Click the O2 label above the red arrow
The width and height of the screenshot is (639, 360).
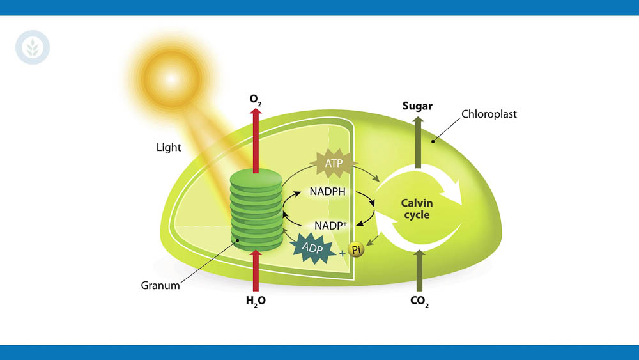tap(256, 100)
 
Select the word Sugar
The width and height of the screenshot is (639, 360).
tap(417, 106)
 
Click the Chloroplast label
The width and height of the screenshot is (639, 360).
tap(489, 114)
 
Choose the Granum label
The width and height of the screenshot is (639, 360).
tap(160, 285)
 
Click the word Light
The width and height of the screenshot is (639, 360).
tap(169, 147)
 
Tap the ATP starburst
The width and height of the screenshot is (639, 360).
tap(334, 164)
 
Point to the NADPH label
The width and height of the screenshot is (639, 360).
tap(329, 191)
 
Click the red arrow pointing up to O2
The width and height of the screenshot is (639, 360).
tap(256, 141)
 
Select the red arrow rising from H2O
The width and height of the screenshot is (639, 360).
tap(256, 272)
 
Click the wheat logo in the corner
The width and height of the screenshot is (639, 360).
tap(33, 48)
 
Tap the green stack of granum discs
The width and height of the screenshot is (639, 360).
tap(256, 208)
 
